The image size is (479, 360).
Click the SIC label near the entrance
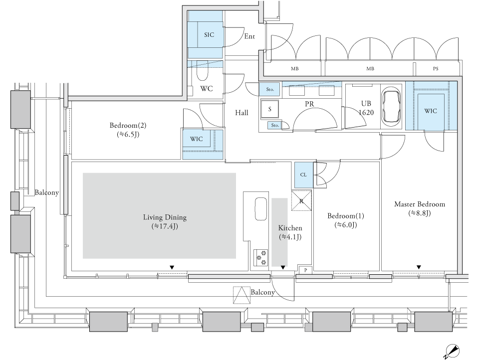209,35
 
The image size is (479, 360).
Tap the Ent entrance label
249,36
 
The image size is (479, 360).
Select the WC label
207,89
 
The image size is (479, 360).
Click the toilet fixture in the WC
202,70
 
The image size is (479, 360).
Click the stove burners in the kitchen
261,257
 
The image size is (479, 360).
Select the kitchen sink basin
261,209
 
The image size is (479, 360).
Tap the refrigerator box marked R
301,200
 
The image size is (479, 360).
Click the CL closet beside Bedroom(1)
304,175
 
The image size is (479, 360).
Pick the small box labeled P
305,270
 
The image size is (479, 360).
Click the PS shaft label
436,69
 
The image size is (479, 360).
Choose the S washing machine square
269,109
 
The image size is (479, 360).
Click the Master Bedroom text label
420,204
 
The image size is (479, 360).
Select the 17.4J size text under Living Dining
165,226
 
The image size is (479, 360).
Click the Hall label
241,113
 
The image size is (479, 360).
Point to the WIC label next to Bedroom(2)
196,139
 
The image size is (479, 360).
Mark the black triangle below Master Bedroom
419,267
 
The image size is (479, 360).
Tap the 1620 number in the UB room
366,113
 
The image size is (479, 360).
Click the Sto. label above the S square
270,89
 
